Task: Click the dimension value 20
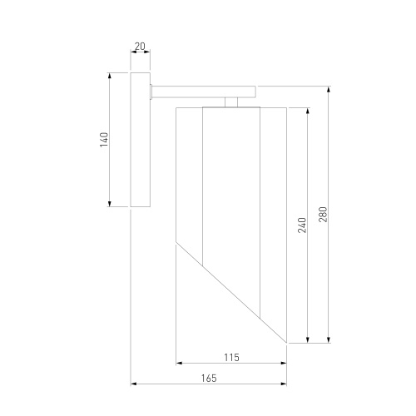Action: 140,47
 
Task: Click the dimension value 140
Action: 104,140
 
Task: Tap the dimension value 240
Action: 302,225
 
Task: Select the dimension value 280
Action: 323,215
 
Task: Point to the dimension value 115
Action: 231,358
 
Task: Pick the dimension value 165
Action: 209,379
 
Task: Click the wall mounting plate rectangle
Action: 141,140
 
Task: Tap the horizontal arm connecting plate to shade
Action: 204,92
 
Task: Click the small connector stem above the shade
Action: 231,102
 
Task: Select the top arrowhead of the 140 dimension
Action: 109,76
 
